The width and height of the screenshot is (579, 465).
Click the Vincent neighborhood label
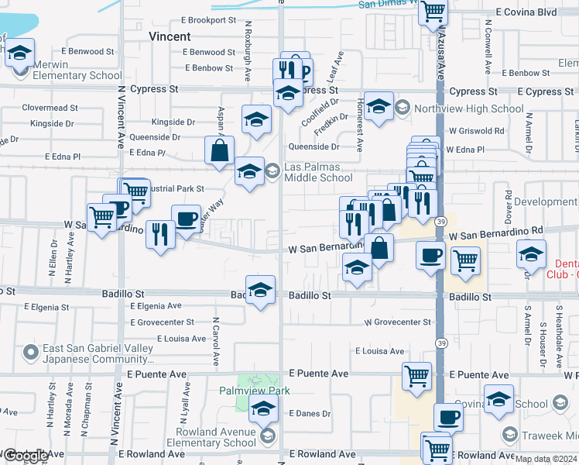coord(170,36)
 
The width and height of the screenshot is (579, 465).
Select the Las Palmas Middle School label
coord(318,172)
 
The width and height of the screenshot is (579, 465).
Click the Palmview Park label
coord(254,391)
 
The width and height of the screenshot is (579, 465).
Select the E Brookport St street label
coord(208,20)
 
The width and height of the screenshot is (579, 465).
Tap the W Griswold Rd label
coord(476,131)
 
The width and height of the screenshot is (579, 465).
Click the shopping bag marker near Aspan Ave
coord(220,150)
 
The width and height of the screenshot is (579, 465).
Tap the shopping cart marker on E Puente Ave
coord(417,376)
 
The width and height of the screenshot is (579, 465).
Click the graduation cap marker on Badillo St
coord(261,289)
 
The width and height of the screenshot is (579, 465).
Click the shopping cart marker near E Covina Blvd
coord(433,12)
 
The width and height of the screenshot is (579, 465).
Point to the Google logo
coord(26,456)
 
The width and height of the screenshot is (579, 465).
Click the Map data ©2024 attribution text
coord(545,459)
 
